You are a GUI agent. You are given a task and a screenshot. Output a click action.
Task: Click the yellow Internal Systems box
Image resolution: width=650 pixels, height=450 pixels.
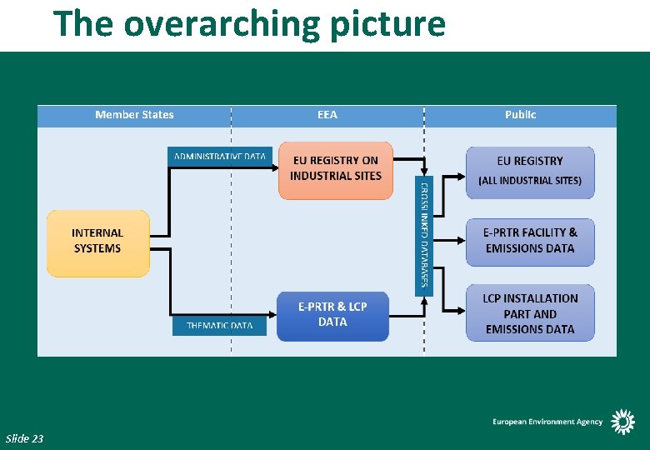[x=97, y=242]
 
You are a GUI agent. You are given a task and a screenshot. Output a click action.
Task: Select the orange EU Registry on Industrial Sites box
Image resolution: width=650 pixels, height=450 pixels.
[x=335, y=170]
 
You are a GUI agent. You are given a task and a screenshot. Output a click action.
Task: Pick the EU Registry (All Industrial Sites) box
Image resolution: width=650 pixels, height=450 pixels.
[x=530, y=172]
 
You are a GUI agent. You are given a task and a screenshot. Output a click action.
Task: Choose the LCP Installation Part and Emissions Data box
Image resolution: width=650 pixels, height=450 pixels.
[x=530, y=314]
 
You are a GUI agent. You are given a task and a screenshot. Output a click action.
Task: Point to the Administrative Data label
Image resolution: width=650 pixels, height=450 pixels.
[x=220, y=156]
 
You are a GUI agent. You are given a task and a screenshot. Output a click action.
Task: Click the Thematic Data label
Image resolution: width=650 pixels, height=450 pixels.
[x=219, y=325]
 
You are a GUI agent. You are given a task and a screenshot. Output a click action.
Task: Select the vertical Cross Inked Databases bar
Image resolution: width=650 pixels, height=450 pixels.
[x=424, y=236]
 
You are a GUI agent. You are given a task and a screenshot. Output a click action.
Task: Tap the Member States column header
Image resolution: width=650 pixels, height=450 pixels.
[x=134, y=115]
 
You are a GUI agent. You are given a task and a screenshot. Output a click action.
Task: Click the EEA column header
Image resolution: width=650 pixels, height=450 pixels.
[x=327, y=115]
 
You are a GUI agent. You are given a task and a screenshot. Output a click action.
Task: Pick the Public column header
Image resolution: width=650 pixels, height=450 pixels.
[x=521, y=115]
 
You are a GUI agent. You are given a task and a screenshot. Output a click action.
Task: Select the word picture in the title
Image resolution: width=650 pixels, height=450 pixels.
[x=387, y=23]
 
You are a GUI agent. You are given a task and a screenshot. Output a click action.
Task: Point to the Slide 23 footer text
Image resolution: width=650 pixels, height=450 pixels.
[x=24, y=438]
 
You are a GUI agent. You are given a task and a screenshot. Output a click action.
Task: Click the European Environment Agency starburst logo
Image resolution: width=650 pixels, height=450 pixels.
[x=622, y=422]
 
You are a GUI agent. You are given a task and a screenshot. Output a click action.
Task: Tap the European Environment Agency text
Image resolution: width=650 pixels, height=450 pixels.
[x=547, y=422]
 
